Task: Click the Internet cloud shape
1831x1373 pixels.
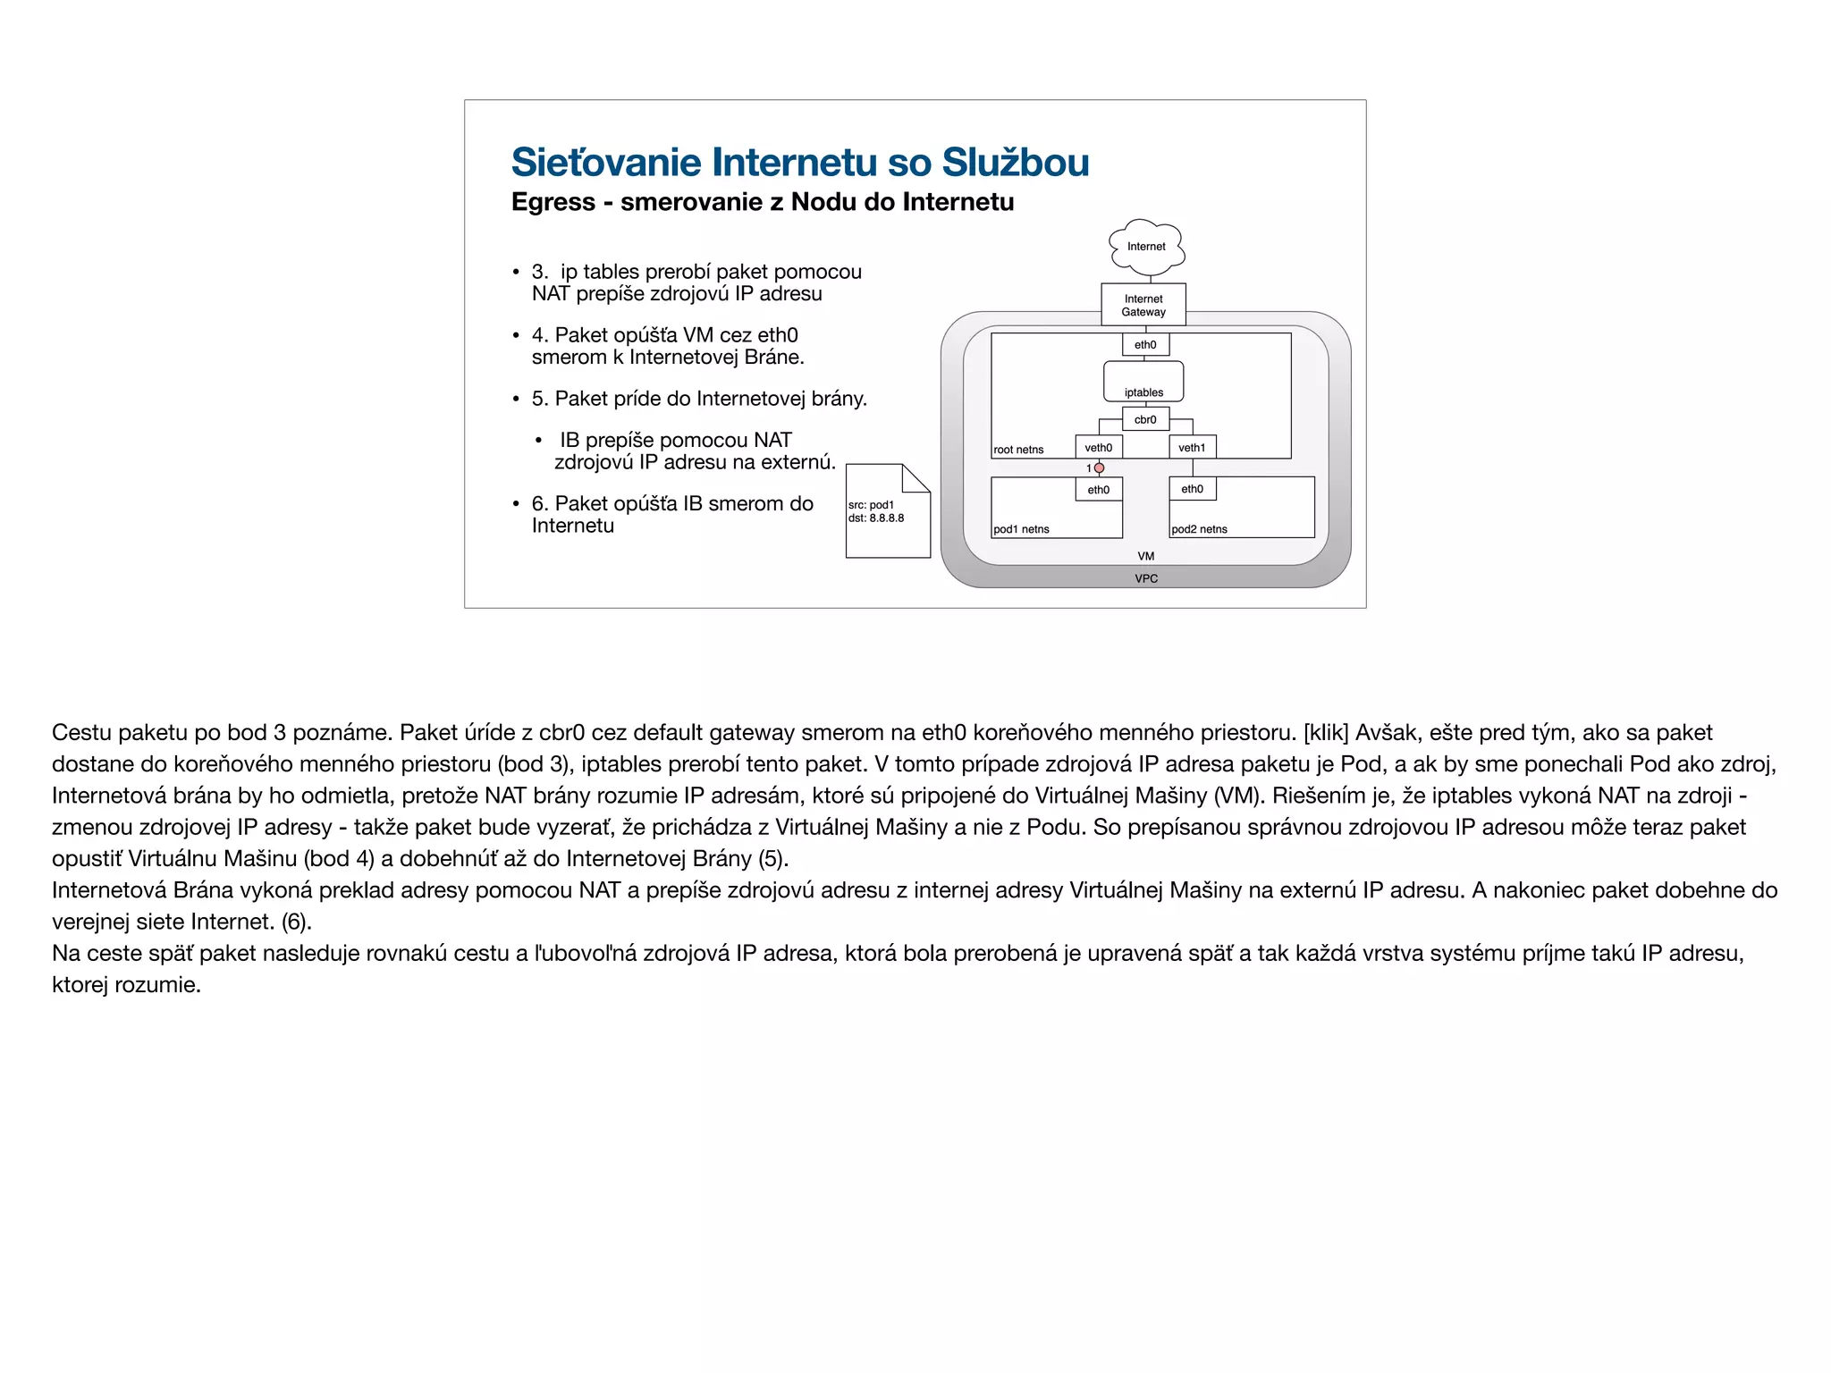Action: coord(1146,246)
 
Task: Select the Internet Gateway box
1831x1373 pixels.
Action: coord(1143,305)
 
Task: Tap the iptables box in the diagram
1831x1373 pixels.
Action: coord(1143,383)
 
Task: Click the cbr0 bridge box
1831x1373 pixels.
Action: coord(1145,419)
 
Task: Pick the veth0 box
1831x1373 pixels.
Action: coord(1099,448)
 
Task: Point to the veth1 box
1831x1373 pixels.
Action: coord(1192,448)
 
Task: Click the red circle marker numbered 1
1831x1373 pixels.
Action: coord(1100,468)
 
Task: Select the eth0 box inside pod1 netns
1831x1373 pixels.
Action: coord(1099,490)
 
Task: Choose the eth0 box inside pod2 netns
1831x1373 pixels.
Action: coord(1193,489)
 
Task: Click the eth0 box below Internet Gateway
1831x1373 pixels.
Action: coord(1145,345)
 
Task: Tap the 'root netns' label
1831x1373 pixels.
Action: coord(1018,450)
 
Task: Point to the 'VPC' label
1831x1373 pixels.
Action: coord(1146,578)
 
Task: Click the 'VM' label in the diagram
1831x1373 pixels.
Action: coord(1146,556)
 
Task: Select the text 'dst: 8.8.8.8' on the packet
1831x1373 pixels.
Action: coord(876,518)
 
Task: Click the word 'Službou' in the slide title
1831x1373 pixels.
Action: coord(1015,163)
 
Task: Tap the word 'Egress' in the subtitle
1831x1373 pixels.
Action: coord(553,202)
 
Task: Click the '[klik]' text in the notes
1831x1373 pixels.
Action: coord(1326,733)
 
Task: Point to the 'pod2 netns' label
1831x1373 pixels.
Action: coord(1199,529)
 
